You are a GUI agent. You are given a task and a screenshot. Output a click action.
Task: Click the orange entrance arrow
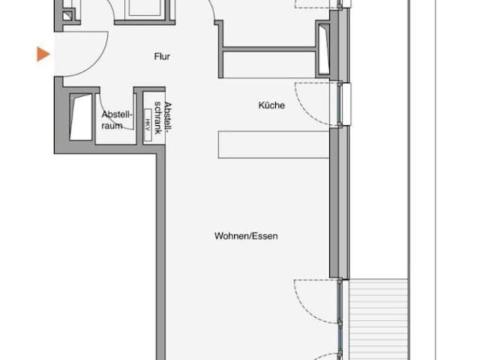click(x=43, y=54)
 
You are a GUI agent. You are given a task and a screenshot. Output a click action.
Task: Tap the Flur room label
click(x=162, y=57)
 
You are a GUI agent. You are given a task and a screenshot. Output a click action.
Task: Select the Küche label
click(x=271, y=105)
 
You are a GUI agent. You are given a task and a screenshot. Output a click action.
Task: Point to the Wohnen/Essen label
click(x=246, y=236)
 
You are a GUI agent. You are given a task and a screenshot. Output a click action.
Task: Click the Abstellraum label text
click(x=117, y=120)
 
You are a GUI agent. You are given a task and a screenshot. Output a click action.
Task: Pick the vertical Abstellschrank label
click(x=163, y=118)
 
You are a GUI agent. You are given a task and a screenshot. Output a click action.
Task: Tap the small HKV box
click(x=148, y=125)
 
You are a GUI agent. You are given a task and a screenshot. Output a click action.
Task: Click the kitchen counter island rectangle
click(x=274, y=145)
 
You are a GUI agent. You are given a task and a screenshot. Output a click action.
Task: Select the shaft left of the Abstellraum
click(x=81, y=117)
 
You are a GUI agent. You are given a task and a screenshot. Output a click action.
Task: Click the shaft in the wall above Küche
click(x=322, y=49)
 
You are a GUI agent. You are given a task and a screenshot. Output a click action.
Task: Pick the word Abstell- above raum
click(x=117, y=115)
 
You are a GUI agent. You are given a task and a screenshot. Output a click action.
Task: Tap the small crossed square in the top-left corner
click(x=67, y=16)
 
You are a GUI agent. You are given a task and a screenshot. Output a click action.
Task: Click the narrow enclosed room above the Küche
click(x=269, y=64)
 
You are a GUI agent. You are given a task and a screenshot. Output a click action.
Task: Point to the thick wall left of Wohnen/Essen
click(x=160, y=256)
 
